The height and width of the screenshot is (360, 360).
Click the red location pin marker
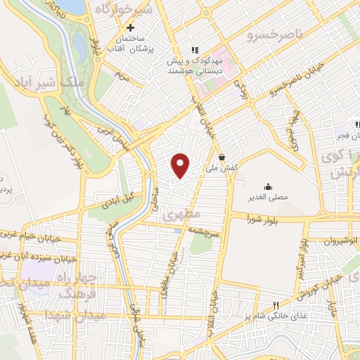181,165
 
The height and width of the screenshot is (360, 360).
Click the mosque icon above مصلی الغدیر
268,186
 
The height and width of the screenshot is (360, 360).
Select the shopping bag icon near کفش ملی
222,157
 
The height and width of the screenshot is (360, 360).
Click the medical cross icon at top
129,27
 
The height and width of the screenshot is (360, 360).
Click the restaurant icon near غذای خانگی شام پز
277,304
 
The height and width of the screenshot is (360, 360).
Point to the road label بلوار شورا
263,220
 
